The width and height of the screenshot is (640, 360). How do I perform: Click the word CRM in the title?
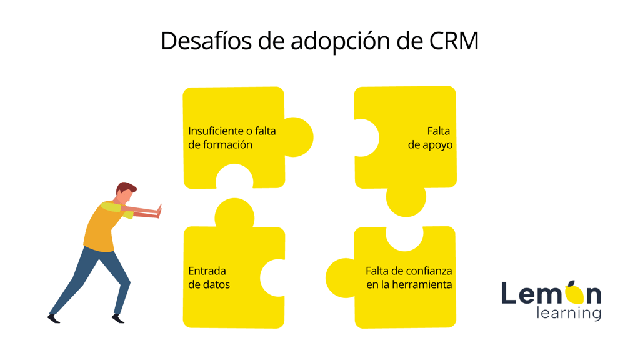tap(454, 41)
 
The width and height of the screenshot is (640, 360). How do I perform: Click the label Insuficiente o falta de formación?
tap(232, 137)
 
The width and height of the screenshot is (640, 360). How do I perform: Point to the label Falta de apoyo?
tap(430, 137)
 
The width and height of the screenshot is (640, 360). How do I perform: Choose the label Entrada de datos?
tap(209, 277)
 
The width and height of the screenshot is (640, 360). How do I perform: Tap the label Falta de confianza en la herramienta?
tap(409, 277)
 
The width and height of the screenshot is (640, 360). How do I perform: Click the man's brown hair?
tap(125, 188)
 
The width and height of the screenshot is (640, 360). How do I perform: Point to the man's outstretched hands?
tap(159, 211)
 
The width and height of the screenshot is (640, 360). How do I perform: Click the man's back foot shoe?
tap(54, 318)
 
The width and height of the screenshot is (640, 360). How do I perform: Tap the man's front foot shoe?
tap(118, 318)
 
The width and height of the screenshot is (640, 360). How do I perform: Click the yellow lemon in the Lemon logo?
tap(574, 294)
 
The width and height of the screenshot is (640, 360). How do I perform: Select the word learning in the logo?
tap(569, 313)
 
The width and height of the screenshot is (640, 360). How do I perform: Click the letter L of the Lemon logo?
tap(509, 292)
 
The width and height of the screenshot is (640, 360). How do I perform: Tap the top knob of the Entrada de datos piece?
tap(235, 212)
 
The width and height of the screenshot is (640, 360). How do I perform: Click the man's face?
tap(125, 196)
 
